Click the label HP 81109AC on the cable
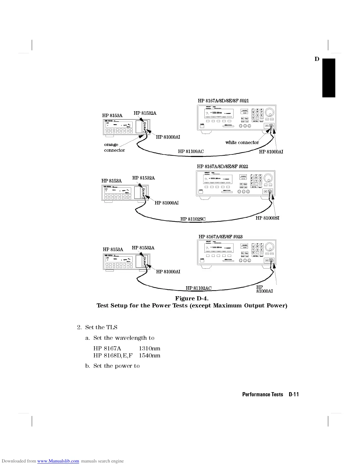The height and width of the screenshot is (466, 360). (191, 152)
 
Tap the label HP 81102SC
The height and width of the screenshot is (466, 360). (193, 219)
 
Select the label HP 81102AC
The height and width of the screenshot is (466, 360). (199, 288)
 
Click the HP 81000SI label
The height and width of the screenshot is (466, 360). (267, 218)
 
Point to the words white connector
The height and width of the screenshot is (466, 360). (242, 142)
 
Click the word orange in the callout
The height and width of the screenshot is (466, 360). (111, 144)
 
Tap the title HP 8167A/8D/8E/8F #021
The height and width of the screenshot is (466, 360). (223, 101)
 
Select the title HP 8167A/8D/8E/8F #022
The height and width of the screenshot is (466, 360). (222, 167)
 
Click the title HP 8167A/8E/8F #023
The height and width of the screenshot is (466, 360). (221, 237)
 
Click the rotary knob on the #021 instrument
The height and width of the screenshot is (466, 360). (270, 112)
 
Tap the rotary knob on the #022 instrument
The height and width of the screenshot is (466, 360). (269, 178)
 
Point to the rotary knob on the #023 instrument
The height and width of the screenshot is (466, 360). (270, 247)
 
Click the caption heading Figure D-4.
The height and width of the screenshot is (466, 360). (192, 299)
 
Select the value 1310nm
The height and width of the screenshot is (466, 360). (149, 348)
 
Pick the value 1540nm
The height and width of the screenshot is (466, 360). (149, 355)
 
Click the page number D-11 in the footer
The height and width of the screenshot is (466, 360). (294, 395)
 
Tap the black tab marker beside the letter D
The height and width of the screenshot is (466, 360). (329, 78)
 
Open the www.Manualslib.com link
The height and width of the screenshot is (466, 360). (58, 461)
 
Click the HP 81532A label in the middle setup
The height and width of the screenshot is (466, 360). (143, 178)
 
